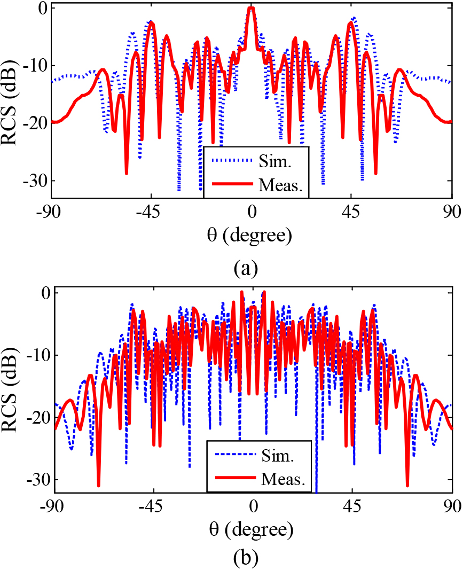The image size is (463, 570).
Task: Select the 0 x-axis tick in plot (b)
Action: (x=253, y=506)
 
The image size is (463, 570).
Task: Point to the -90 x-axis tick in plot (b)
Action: (x=54, y=506)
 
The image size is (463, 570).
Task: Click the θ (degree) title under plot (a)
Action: (x=251, y=235)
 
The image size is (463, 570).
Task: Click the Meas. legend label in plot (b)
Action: (x=283, y=479)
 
